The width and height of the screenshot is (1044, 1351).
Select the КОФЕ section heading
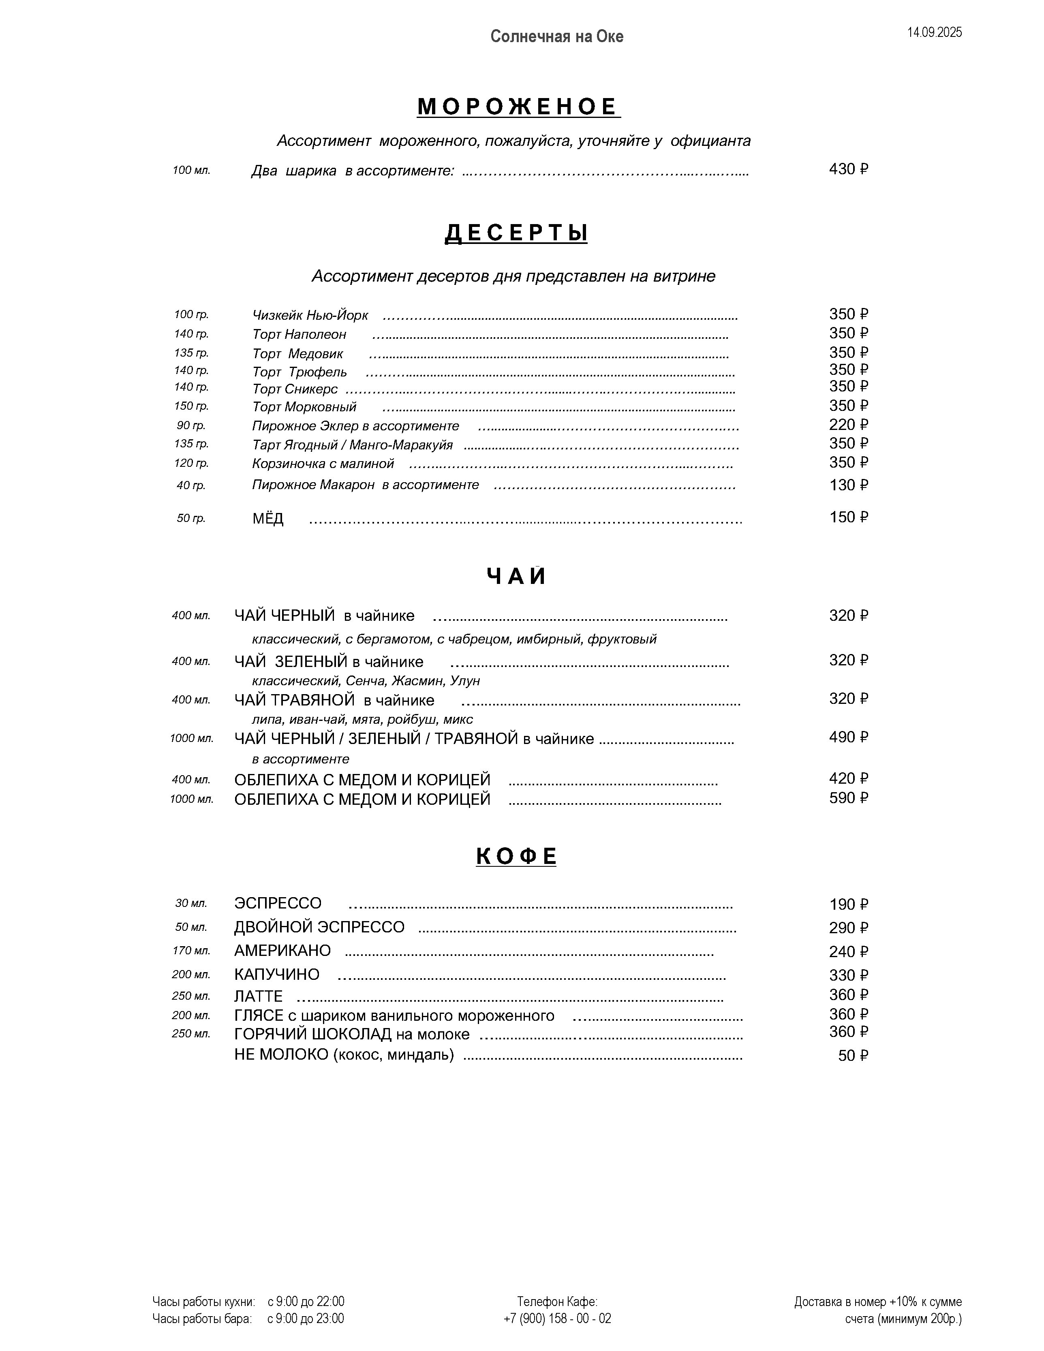tap(516, 857)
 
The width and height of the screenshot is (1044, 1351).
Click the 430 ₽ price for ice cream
tap(848, 169)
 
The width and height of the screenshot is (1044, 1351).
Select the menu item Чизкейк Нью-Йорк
tap(310, 316)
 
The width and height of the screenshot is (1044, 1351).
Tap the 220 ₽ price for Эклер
tap(848, 425)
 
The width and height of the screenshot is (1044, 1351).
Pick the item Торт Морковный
tap(304, 407)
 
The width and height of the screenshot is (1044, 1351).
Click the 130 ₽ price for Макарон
tap(848, 485)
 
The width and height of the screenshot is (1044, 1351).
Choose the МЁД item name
tap(268, 518)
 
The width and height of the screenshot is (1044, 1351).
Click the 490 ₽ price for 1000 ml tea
tap(848, 737)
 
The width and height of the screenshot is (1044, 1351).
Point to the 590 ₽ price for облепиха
tap(848, 798)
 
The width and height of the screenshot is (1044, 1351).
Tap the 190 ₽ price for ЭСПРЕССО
tap(848, 905)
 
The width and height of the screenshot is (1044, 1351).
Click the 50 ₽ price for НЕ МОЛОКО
tap(853, 1056)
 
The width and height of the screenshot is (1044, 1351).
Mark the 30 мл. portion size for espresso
tap(190, 904)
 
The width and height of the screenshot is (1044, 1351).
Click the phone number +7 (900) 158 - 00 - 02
tap(557, 1319)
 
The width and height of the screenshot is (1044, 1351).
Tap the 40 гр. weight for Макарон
tap(190, 485)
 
